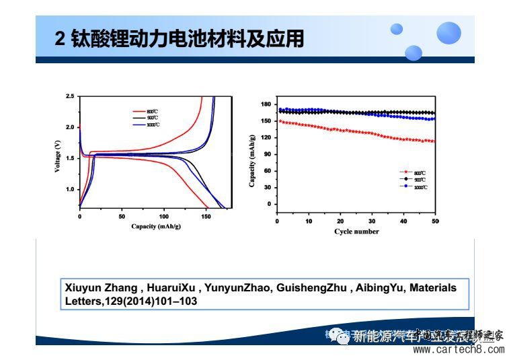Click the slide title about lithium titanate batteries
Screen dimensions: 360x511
click(179, 38)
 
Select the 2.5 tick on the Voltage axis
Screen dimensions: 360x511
click(70, 97)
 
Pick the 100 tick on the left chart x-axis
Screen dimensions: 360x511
click(164, 217)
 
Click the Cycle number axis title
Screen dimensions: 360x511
click(356, 231)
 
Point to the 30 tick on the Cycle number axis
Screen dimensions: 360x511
click(372, 221)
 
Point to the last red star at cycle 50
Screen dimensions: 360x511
click(434, 141)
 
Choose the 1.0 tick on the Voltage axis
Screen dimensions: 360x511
click(70, 189)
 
